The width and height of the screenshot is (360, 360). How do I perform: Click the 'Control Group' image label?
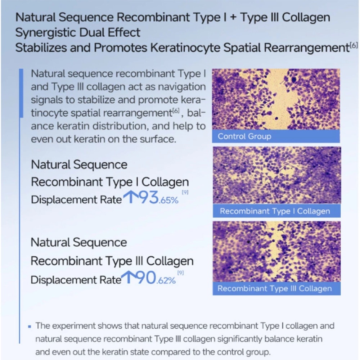tap(244, 136)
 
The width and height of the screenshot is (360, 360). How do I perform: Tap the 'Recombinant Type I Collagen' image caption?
tap(275, 211)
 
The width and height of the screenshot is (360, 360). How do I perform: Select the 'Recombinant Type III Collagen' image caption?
tap(274, 288)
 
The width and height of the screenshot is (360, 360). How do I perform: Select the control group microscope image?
tap(276, 99)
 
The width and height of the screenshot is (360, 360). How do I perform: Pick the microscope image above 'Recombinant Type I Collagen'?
tap(276, 175)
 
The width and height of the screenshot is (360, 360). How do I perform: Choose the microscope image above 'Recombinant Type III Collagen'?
tap(276, 251)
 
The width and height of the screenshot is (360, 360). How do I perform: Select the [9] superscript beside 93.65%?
tap(185, 193)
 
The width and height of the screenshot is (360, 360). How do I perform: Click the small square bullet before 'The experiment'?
tap(30, 327)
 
